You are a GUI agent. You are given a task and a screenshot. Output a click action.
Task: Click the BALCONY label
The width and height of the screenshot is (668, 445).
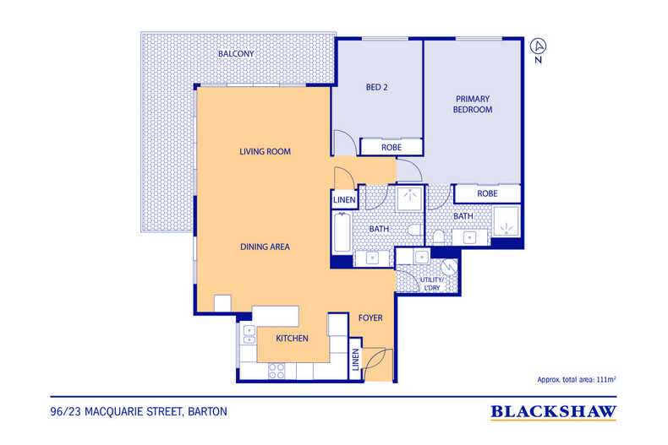click(236, 53)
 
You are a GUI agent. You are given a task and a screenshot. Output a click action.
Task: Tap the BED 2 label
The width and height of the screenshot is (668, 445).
click(376, 87)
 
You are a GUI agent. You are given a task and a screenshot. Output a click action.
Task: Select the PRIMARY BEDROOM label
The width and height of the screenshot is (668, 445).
click(473, 104)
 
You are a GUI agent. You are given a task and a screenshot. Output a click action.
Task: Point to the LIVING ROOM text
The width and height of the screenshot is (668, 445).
click(265, 151)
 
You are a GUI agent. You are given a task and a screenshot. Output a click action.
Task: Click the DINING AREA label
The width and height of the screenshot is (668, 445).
click(265, 247)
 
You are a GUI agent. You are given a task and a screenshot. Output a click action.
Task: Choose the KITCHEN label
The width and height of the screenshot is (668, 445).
click(292, 339)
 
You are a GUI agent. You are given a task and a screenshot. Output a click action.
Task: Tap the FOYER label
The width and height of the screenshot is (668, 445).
click(370, 317)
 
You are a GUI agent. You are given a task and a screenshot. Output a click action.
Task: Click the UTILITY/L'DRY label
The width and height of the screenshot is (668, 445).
click(431, 284)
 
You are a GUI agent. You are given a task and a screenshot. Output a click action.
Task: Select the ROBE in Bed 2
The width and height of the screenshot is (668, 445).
click(391, 147)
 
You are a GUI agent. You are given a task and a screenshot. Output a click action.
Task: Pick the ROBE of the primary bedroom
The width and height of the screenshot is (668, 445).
click(487, 193)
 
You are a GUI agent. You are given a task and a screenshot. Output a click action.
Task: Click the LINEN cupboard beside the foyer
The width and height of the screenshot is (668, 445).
click(356, 360)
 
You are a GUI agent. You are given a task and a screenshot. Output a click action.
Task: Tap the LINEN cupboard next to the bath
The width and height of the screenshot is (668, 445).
click(344, 200)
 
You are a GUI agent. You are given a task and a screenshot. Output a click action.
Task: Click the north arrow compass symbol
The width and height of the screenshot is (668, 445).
click(539, 50)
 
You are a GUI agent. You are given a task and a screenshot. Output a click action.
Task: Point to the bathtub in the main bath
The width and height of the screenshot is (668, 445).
click(342, 232)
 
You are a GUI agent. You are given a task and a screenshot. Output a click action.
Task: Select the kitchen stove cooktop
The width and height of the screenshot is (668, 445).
click(277, 371)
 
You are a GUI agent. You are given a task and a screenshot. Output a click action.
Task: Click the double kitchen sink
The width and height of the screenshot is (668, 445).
click(249, 334)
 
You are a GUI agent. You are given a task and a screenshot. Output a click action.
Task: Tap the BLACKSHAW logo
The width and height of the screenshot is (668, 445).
click(553, 412)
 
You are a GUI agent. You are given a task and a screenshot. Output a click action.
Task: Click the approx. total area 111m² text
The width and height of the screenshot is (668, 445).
click(577, 379)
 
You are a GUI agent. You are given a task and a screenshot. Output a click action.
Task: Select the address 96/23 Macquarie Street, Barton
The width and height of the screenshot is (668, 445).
click(139, 412)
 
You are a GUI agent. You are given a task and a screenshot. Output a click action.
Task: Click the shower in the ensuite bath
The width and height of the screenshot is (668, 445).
click(506, 221)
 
